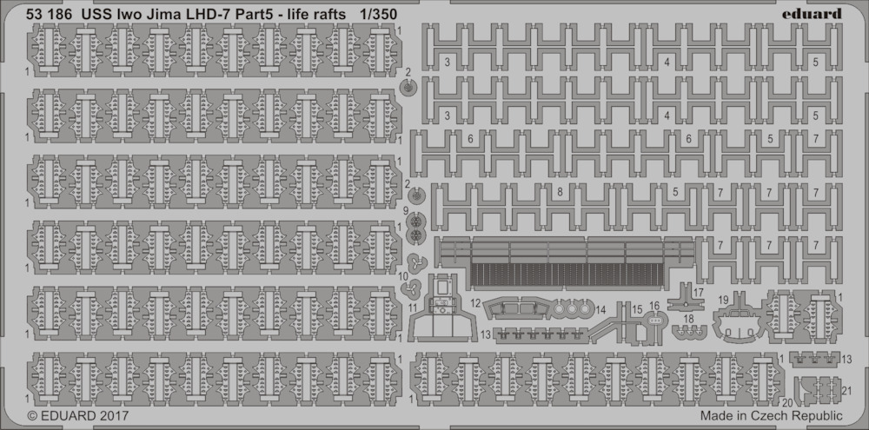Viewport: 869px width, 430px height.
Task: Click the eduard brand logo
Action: click(x=813, y=14)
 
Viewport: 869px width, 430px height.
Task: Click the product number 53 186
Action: click(x=49, y=15)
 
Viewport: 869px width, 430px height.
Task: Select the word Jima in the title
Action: click(x=169, y=15)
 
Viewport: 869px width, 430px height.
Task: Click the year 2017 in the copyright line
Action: click(x=114, y=415)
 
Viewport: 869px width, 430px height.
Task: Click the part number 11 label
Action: click(x=412, y=306)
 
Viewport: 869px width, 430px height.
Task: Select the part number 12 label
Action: click(x=475, y=302)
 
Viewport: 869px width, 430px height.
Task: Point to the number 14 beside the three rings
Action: click(x=601, y=308)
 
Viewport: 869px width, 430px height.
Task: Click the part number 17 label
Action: click(x=699, y=292)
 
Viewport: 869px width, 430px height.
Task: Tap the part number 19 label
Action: click(x=723, y=300)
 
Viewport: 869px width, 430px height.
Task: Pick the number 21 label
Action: click(x=846, y=390)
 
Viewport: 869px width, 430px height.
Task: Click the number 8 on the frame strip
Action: click(x=560, y=192)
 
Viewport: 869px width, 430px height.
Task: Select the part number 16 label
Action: click(x=654, y=306)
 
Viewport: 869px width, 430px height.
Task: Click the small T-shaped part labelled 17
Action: click(x=686, y=297)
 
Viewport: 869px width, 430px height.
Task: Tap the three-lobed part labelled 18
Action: click(x=689, y=332)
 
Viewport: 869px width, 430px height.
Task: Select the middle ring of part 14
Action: click(x=572, y=308)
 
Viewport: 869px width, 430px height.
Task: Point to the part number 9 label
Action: click(x=406, y=210)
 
